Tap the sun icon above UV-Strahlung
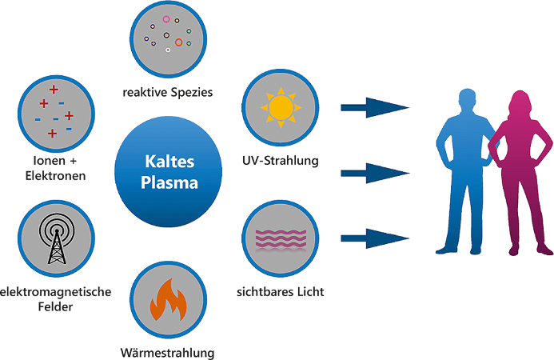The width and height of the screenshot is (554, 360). tap(280, 107)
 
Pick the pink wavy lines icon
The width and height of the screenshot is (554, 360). tap(280, 238)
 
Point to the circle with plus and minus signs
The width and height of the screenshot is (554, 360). tap(54, 111)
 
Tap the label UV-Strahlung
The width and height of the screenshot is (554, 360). tap(281, 161)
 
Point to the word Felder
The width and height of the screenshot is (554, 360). tap(55, 306)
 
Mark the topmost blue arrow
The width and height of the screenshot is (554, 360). tap(375, 106)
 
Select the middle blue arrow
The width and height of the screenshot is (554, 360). tap(375, 170)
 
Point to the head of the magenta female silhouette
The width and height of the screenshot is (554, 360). tap(516, 105)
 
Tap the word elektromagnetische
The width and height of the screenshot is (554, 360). tap(55, 292)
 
